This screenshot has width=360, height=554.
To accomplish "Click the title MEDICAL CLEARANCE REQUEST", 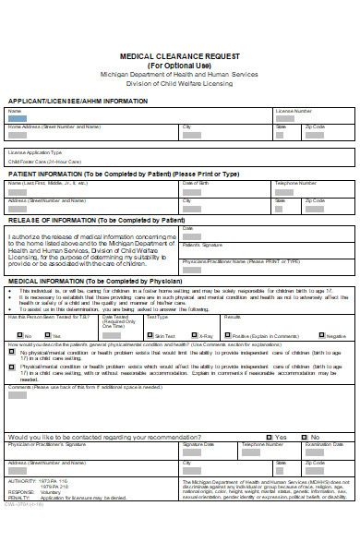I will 179,56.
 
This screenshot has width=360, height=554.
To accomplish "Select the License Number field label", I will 294,111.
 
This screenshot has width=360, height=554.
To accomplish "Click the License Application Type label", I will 35,152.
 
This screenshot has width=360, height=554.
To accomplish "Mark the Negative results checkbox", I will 322,335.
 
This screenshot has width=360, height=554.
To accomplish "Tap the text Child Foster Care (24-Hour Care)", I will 41,161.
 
